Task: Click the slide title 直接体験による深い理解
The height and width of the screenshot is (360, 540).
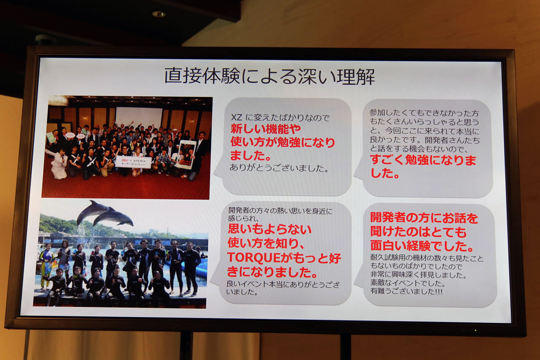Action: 270,76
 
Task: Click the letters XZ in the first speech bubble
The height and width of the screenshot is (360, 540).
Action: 236,117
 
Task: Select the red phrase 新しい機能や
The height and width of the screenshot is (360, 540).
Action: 266,129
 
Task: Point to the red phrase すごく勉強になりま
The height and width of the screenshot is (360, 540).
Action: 423,160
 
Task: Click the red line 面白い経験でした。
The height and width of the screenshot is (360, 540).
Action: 422,246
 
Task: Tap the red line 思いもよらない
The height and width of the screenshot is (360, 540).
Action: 270,229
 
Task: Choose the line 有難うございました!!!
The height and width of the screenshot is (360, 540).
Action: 406,291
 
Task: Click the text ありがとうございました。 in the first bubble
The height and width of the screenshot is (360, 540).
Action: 279,168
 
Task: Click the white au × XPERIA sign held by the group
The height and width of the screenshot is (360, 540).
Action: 133,162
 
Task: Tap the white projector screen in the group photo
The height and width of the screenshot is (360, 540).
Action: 139,118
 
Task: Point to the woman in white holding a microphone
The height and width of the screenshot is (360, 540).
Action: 58,164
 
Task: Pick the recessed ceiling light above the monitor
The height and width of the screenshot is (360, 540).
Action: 158,14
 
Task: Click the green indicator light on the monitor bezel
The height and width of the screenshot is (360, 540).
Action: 475,330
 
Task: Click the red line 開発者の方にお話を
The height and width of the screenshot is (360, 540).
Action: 424,218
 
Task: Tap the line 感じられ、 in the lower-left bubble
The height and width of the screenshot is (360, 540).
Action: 243,219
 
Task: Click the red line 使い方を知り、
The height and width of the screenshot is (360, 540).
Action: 266,243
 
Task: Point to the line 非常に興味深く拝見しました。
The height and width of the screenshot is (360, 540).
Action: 418,275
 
